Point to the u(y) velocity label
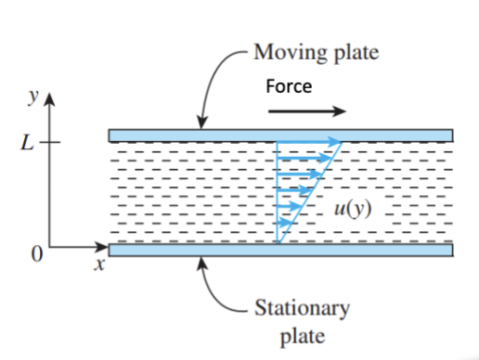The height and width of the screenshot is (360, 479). point(354,206)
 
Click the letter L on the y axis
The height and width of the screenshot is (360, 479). point(33,143)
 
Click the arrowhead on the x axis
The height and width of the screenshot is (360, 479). point(103,248)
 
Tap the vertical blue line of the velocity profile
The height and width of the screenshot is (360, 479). point(278,190)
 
